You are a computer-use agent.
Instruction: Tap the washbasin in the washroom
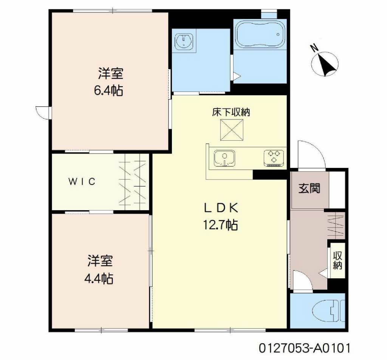pos(184,40)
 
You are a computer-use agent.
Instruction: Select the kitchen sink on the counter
pos(224,158)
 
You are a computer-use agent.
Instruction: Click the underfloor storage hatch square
pos(232,130)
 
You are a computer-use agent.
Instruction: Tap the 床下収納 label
pos(231,112)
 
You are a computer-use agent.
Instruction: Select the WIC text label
pos(82,182)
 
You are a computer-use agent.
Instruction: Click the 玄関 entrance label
pos(309,188)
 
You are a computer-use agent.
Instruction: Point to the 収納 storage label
pos(337,260)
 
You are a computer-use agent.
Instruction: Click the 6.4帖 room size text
pos(108,90)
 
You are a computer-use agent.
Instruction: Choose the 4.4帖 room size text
pos(99,279)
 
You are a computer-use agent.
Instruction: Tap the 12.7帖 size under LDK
pos(220,225)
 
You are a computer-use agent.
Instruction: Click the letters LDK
pos(221,208)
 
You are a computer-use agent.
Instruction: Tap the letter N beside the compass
pos(314,48)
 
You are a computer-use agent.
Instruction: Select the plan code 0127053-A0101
pos(305,348)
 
